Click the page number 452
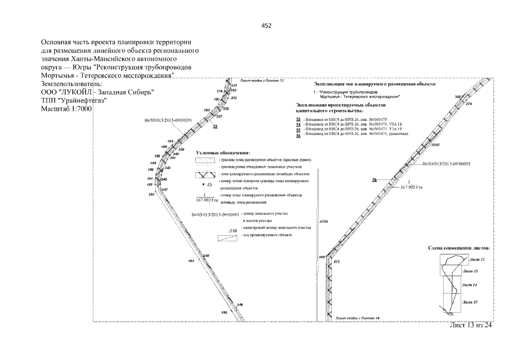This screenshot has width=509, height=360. pos(267,25)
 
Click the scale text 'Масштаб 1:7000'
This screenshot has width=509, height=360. pos(66,108)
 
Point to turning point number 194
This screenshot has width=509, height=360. pos(191,262)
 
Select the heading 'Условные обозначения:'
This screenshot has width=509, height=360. pos(223,153)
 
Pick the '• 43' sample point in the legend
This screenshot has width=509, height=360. pos(207,184)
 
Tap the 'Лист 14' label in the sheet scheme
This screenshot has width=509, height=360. pos(469,286)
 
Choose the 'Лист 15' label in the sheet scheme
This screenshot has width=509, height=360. pos(470,302)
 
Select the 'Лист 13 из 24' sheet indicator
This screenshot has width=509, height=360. pos(471,328)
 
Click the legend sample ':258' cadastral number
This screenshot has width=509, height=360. pos(230,230)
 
